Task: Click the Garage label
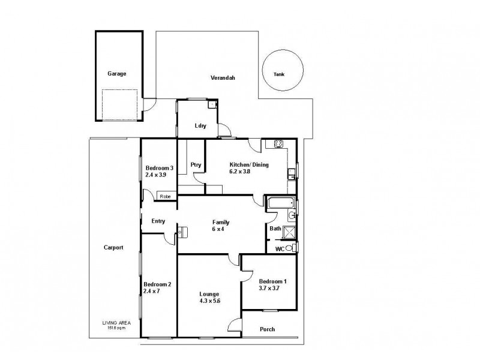tap(116, 74)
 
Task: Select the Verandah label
tap(222, 79)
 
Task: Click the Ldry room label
tap(200, 126)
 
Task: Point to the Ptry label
tap(196, 165)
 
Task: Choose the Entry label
tap(158, 221)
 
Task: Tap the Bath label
tap(275, 229)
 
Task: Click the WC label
tap(280, 248)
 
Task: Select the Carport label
tap(113, 247)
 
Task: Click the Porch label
tap(268, 329)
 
